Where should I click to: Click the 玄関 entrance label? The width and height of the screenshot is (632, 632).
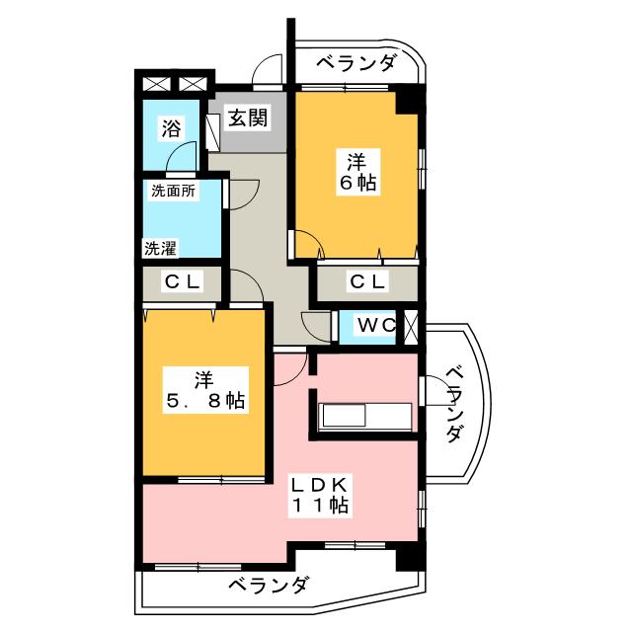tap(247, 118)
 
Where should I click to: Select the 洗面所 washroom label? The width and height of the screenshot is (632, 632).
tap(173, 191)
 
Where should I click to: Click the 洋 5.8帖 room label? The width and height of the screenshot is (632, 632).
tap(204, 389)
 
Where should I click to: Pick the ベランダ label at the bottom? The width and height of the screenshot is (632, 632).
tap(268, 585)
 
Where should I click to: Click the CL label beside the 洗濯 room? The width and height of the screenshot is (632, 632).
tap(183, 282)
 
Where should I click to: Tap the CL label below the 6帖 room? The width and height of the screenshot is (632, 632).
tap(367, 282)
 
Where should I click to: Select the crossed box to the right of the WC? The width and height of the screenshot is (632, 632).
tap(411, 327)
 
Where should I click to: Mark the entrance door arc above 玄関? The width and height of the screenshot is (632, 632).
tap(265, 72)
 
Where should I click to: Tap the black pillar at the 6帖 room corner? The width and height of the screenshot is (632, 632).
tap(408, 101)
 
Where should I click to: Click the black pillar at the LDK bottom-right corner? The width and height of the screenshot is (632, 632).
tap(407, 556)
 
